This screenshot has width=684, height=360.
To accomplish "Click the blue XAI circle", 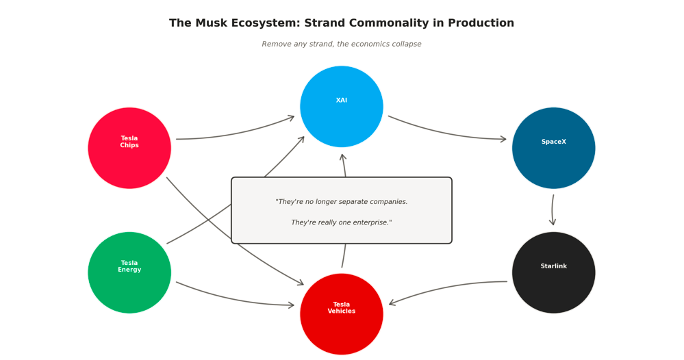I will (341, 106).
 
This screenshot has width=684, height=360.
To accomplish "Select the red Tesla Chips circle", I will (129, 148).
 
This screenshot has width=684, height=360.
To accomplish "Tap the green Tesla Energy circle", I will (129, 272).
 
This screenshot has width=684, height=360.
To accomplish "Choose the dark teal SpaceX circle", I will (553, 148).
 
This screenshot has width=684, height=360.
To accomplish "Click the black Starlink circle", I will (553, 272).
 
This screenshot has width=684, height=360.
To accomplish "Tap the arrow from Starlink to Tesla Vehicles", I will (445, 287).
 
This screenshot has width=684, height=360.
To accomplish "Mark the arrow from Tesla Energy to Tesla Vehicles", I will (233, 299).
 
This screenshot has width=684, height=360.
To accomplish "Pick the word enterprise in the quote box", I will (367, 223).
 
